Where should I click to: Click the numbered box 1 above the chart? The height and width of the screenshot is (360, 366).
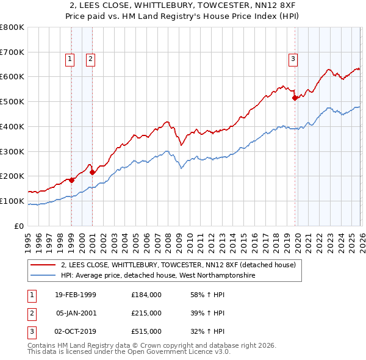click(x=70, y=59)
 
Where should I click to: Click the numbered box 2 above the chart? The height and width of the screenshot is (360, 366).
click(x=90, y=59)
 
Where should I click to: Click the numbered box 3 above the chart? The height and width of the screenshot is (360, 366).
click(x=293, y=59)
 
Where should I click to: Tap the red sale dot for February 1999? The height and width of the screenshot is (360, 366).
click(x=72, y=180)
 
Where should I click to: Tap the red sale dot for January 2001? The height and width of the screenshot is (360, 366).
click(x=92, y=172)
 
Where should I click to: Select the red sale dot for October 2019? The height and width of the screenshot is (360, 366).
click(x=295, y=97)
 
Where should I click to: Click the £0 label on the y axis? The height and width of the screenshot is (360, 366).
click(x=18, y=226)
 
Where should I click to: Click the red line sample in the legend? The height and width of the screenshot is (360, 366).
click(x=43, y=265)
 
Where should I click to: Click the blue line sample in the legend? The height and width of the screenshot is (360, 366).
click(x=43, y=276)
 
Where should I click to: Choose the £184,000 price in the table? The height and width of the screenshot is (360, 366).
click(x=146, y=295)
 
